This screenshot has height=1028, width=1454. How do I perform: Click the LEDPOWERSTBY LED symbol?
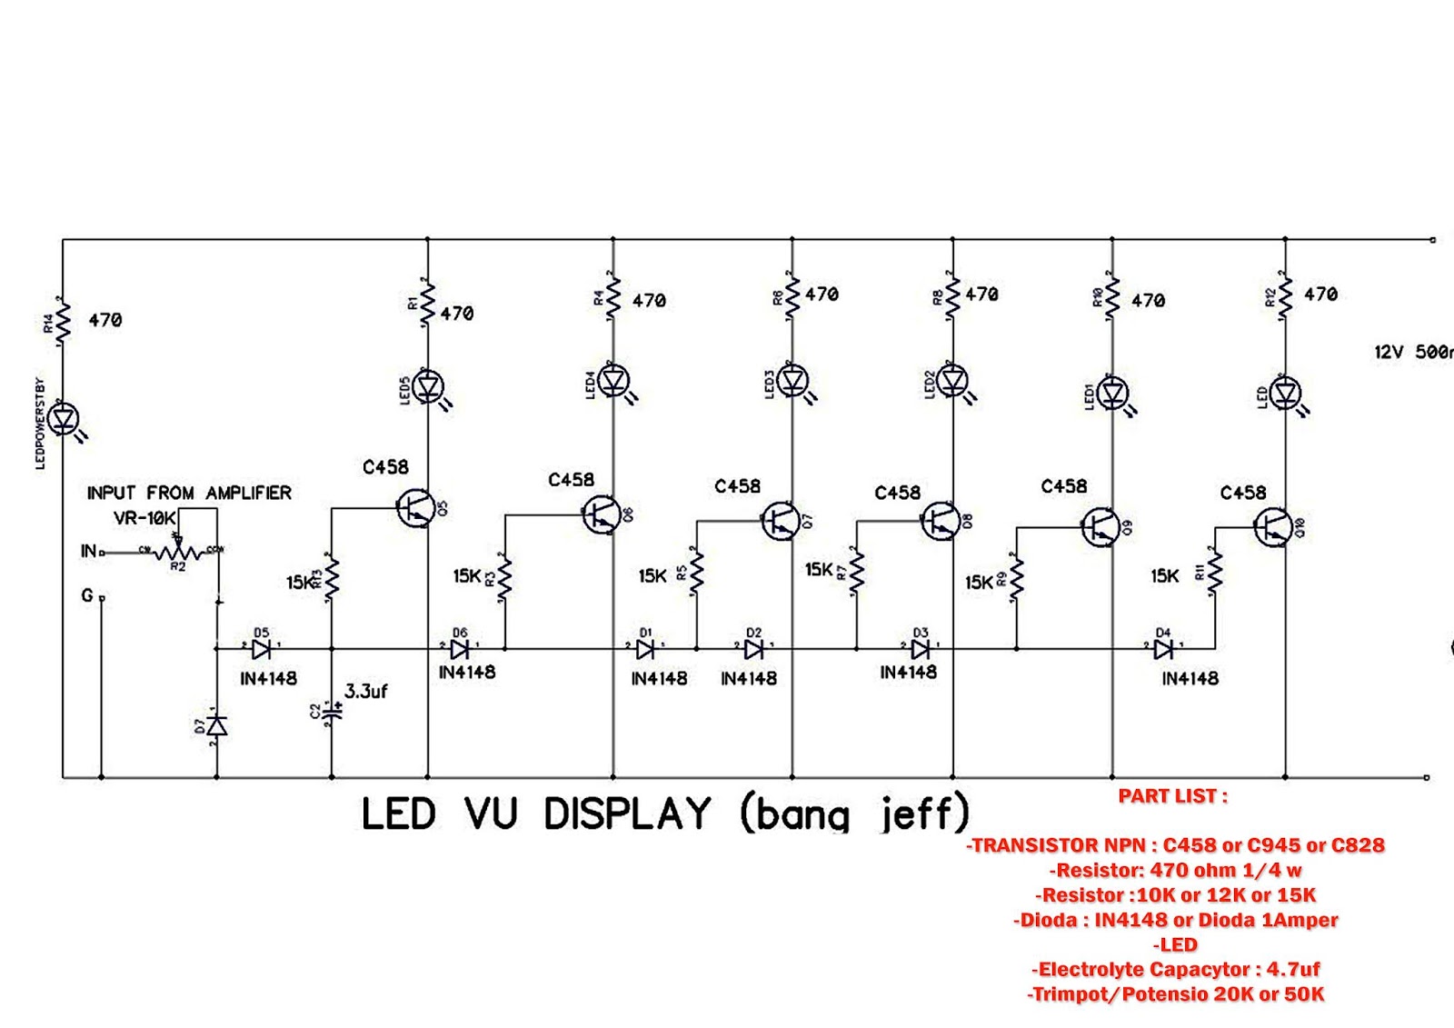[64, 419]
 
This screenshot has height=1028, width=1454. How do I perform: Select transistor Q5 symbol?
[415, 508]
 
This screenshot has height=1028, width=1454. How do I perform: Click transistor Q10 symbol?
[1272, 526]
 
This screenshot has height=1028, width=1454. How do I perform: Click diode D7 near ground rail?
[216, 726]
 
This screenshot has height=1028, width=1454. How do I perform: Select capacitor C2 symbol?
[332, 713]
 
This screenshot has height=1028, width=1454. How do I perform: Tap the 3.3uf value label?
[365, 692]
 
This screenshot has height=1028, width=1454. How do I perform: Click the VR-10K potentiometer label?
[144, 518]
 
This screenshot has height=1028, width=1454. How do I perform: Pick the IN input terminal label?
[88, 551]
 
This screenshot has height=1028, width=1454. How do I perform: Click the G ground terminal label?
[87, 595]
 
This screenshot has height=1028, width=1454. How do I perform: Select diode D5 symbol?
[261, 649]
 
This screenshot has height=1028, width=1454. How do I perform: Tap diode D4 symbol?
[1163, 649]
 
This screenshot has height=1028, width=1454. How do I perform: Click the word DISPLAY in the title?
[627, 813]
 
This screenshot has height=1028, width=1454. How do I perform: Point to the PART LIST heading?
[1172, 796]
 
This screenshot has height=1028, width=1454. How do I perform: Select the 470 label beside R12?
[1320, 294]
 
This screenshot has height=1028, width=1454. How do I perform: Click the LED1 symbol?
[1113, 394]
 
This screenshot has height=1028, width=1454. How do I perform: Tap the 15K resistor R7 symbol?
[856, 572]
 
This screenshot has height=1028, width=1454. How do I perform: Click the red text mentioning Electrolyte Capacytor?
[1175, 969]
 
